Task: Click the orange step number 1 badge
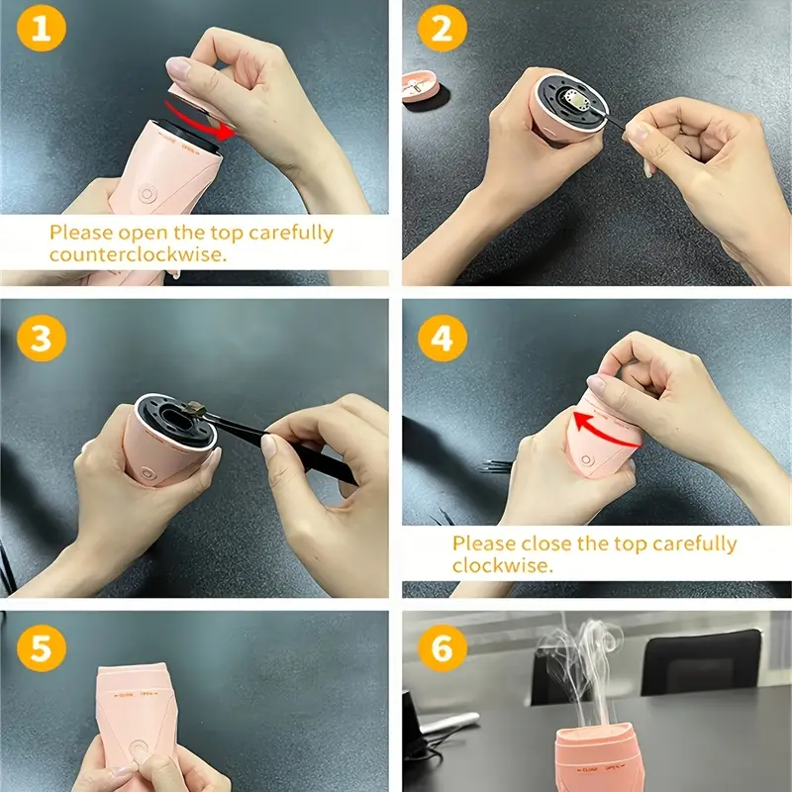tap(42, 29)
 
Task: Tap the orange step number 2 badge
tap(443, 29)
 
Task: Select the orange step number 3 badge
tap(42, 338)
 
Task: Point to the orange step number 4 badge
tap(443, 338)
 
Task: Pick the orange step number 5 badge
tap(42, 648)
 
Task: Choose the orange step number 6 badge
tap(443, 648)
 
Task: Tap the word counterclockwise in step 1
tap(138, 254)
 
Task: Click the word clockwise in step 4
tap(503, 565)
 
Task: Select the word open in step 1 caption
tap(144, 234)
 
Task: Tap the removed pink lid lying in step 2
tap(420, 86)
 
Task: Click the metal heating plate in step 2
tap(575, 99)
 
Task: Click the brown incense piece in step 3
tap(193, 408)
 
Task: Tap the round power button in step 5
tap(138, 748)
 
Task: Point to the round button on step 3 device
tap(148, 473)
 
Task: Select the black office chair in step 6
tap(702, 662)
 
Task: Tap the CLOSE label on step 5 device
tap(124, 695)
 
